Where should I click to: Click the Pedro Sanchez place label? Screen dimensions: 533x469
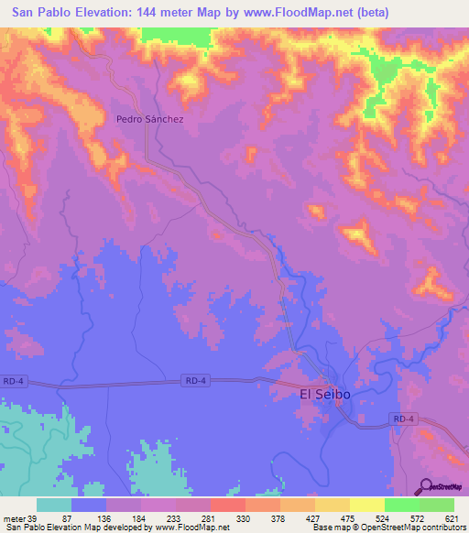149,119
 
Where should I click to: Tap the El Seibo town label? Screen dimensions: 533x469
325,395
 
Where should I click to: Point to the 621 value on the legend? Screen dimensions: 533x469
451,519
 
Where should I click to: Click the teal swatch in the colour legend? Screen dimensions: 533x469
54,505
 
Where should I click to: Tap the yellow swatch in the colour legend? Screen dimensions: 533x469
367,505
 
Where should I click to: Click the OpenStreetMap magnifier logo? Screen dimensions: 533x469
425,485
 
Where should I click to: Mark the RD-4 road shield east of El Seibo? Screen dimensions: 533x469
403,419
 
